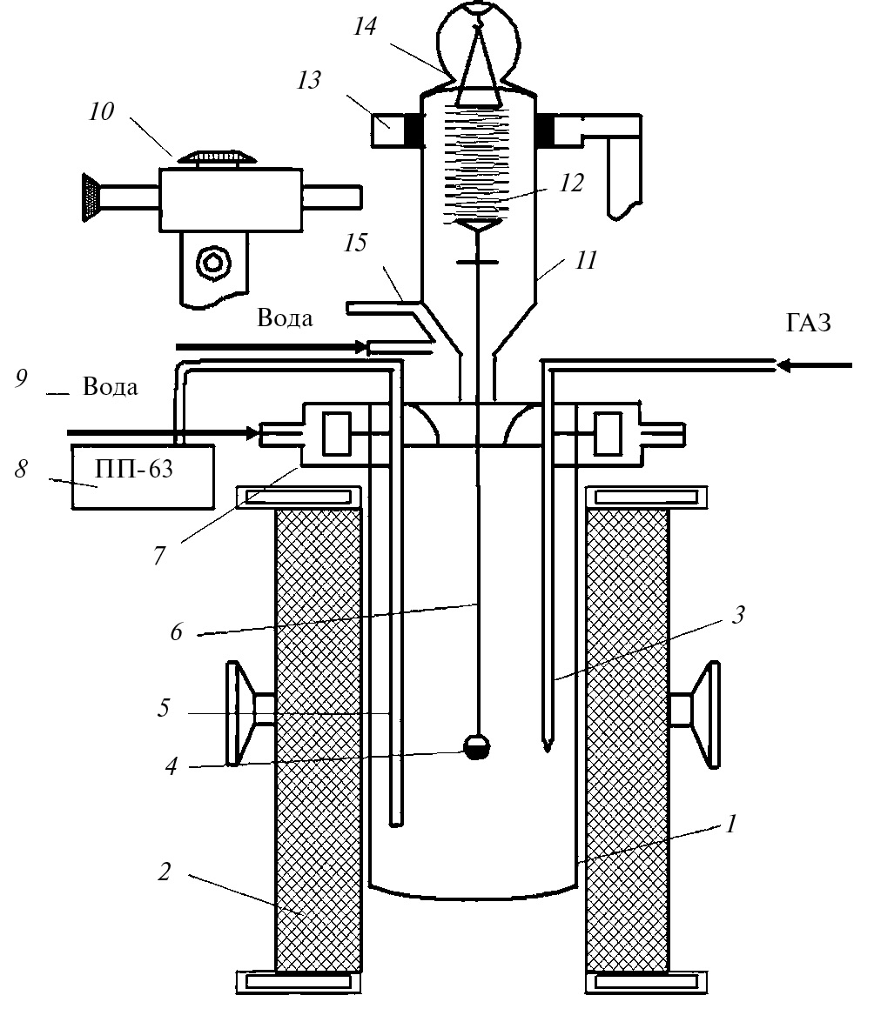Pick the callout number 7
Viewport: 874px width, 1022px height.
click(159, 555)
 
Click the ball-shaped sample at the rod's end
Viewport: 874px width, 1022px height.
click(477, 748)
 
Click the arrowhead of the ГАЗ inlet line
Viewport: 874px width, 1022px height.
click(786, 365)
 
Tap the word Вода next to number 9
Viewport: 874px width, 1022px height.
click(111, 386)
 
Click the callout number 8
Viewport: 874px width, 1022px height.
click(22, 470)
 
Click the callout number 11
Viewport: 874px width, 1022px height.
click(587, 259)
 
